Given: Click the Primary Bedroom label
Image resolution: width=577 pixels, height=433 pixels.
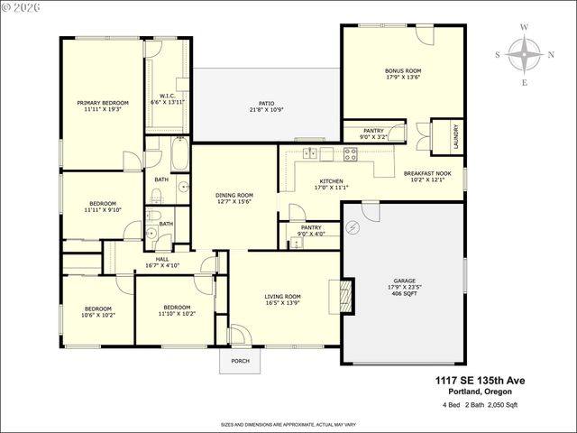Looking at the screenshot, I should point(99,103).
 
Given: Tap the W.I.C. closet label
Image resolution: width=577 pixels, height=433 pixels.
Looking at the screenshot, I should point(167,96).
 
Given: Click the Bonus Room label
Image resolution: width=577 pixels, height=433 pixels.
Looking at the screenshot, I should point(403,70).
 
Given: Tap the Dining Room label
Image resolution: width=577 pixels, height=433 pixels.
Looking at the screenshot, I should point(234,195).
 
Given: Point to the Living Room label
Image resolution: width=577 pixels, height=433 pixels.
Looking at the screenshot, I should point(281,296).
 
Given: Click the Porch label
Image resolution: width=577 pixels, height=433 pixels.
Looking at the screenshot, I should point(240,361).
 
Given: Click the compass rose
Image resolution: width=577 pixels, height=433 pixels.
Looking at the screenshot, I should point(524,54).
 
